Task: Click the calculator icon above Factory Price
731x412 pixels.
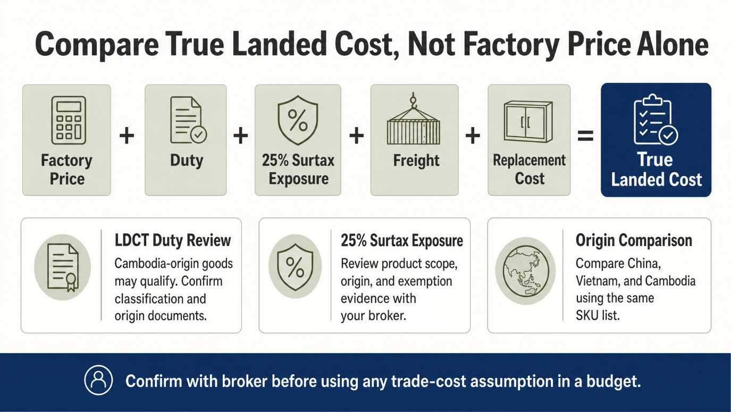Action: [69, 120]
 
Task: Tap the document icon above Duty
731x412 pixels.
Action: [188, 120]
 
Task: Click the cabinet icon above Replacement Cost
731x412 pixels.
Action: [528, 121]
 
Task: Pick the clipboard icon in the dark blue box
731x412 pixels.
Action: [656, 120]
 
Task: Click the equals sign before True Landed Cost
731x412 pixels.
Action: [585, 136]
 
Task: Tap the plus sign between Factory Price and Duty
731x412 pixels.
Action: [127, 136]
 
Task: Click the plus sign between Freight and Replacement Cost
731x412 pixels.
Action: [473, 136]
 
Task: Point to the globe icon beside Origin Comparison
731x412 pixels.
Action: [525, 271]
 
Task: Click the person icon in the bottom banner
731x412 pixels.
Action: [98, 380]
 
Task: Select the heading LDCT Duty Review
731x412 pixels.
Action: [173, 240]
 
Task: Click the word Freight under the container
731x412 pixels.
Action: [416, 161]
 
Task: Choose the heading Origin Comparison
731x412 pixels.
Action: [634, 240]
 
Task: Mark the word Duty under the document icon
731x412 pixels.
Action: [187, 161]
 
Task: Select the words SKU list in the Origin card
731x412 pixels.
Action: [598, 315]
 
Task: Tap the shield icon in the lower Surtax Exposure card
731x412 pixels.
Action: [295, 267]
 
